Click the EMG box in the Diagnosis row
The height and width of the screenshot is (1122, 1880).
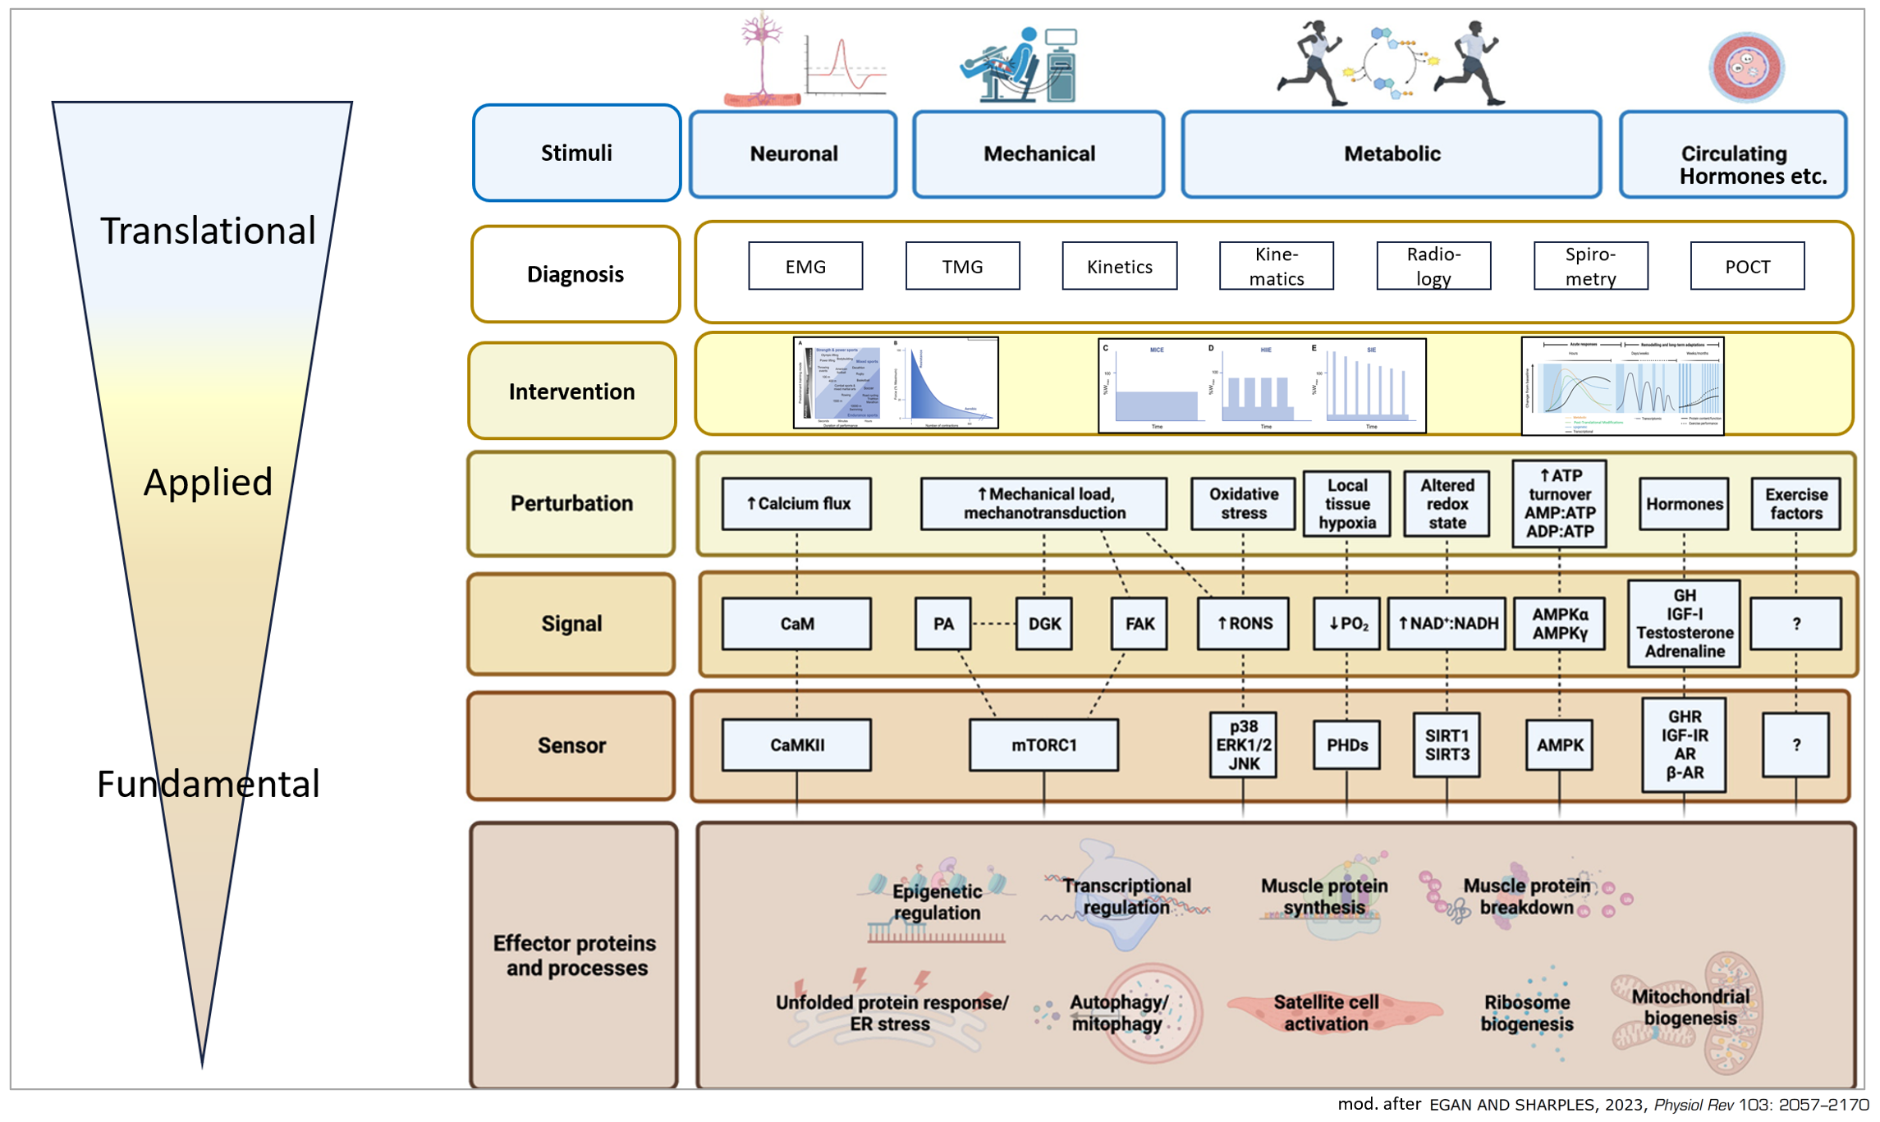point(805,266)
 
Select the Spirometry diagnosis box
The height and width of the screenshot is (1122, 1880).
point(1589,266)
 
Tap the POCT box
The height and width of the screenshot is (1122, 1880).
point(1747,266)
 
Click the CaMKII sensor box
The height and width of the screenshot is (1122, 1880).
point(796,744)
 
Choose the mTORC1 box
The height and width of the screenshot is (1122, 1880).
point(1043,744)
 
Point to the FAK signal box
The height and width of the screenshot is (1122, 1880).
point(1139,624)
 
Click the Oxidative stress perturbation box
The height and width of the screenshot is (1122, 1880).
point(1243,503)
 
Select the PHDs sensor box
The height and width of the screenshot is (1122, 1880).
point(1346,744)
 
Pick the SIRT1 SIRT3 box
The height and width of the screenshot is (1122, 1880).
point(1447,744)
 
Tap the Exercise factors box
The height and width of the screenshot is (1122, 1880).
point(1795,503)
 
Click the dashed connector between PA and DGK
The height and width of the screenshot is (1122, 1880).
point(993,624)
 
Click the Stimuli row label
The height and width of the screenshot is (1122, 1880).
point(576,153)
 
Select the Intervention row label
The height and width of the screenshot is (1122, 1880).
point(572,392)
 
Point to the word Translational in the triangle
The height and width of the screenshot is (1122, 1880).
point(208,231)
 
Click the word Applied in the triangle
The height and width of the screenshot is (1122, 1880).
point(208,482)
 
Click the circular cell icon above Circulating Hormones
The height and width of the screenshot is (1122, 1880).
point(1746,67)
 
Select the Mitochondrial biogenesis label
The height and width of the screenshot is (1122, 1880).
point(1690,1007)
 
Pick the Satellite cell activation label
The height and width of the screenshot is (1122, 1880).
point(1326,1013)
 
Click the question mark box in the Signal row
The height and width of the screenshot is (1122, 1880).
point(1795,624)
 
